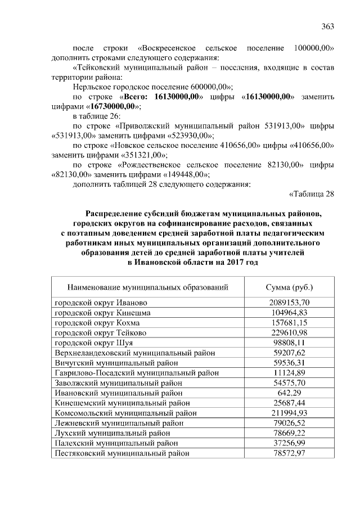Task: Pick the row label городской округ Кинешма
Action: [102, 312]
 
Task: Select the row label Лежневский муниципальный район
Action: [115, 423]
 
